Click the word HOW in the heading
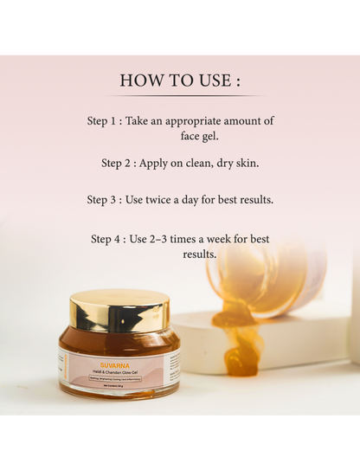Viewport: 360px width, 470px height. pos(139,80)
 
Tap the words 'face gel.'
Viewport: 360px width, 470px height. pos(194,137)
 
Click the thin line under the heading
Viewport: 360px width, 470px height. pos(180,95)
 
